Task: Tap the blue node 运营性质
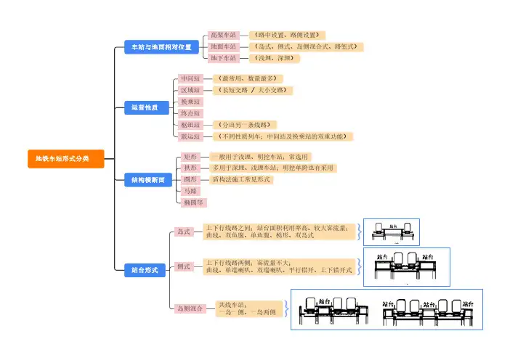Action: pos(145,107)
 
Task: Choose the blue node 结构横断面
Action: pos(148,179)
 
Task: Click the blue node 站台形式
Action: pos(145,269)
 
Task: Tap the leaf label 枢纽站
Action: pos(190,125)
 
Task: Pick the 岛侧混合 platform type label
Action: pos(191,308)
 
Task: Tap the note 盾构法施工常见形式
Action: pos(240,179)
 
